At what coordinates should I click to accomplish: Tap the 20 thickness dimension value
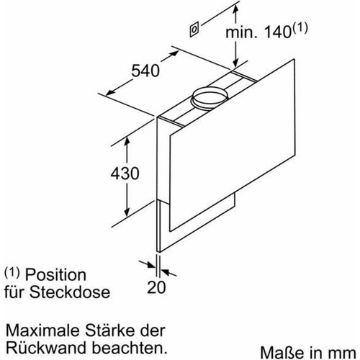pos(157,287)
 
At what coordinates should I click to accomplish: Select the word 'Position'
pos(57,276)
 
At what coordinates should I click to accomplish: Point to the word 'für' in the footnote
pos(17,293)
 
